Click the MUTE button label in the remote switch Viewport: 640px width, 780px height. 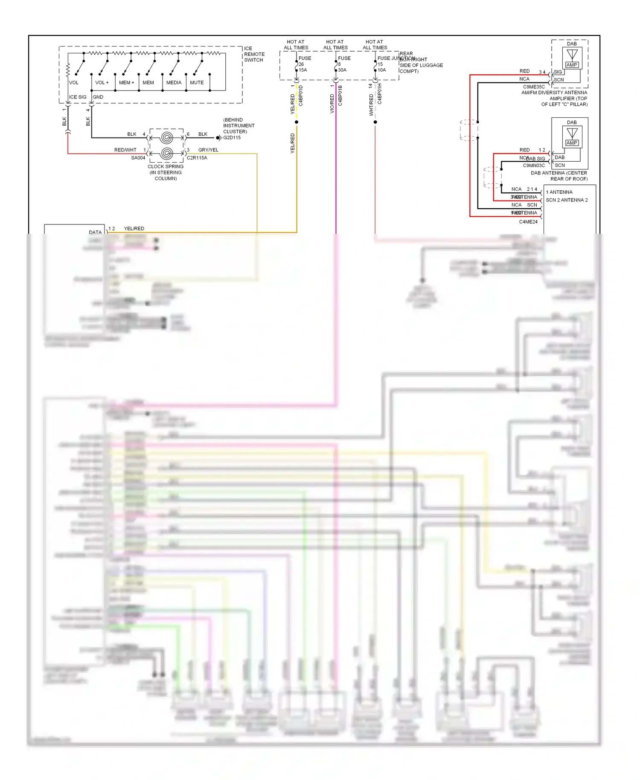tap(197, 83)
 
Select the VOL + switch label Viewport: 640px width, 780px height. tap(102, 83)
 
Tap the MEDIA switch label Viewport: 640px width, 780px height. tap(174, 83)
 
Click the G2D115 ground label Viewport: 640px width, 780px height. tap(232, 138)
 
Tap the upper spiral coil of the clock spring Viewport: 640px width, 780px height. tap(167, 138)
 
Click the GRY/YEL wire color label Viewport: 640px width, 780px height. tap(208, 150)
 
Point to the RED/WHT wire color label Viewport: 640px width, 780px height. tap(125, 150)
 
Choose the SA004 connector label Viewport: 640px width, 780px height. tap(138, 158)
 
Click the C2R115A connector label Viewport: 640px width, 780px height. tap(197, 158)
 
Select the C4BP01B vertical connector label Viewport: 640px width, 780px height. tap(340, 96)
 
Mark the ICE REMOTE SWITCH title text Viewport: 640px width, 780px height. tap(254, 54)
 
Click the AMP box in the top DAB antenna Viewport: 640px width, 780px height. tap(572, 65)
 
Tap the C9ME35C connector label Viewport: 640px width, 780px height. tap(534, 87)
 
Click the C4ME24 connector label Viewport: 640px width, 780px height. tap(528, 222)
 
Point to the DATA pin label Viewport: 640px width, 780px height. tap(95, 233)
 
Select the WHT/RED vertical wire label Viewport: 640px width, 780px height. tap(371, 105)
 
